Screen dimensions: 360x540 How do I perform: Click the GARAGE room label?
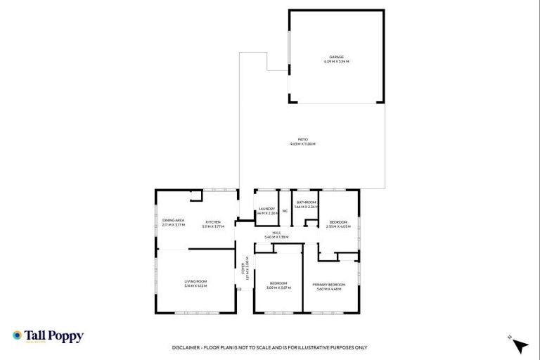[x=336, y=58]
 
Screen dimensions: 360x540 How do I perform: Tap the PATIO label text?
[x=303, y=139]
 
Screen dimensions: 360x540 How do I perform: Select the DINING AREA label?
[x=173, y=221]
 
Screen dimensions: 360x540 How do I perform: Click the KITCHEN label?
[x=212, y=222]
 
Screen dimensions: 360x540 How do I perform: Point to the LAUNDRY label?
[x=266, y=208]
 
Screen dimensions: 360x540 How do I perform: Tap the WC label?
[x=285, y=211]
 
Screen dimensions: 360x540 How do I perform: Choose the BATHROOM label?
[x=306, y=202]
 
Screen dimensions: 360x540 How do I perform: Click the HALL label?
[x=276, y=233]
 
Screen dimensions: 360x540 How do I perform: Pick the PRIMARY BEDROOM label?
[x=329, y=284]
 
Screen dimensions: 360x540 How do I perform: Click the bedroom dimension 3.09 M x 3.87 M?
[x=279, y=288]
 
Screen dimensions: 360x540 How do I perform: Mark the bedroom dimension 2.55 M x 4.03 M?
[x=338, y=226]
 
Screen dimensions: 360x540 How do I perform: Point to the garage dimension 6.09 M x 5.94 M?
[x=336, y=62]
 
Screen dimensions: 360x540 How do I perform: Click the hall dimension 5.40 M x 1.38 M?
[x=276, y=238]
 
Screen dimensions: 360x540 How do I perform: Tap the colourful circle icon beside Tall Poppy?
[x=18, y=336]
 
